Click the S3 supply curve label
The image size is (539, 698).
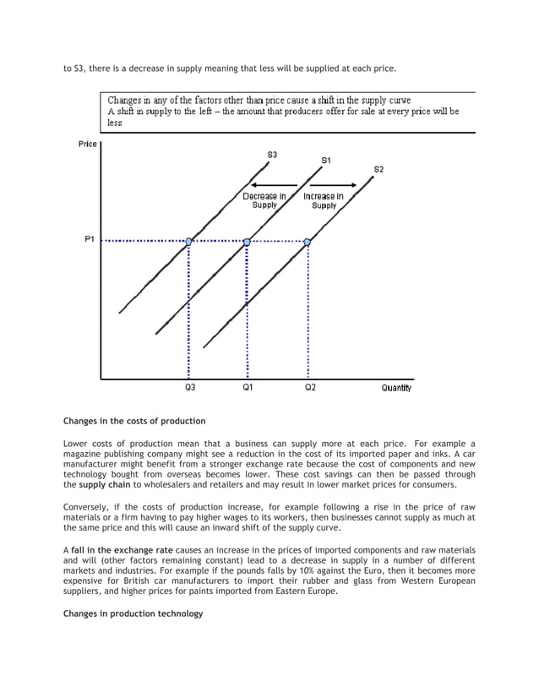272,155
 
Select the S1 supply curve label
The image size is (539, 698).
326,160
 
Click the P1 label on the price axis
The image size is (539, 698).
90,240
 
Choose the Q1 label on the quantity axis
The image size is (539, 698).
248,388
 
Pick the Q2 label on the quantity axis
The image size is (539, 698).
310,388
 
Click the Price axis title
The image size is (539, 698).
87,144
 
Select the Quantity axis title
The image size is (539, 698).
395,388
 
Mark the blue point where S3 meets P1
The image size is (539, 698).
189,242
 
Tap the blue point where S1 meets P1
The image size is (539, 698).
247,242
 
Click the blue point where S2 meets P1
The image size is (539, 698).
308,242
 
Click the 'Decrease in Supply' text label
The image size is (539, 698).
264,200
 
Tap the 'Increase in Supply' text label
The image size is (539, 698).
324,200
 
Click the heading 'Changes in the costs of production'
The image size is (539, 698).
134,420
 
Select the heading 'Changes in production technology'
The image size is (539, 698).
133,613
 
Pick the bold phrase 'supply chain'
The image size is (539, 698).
103,485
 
